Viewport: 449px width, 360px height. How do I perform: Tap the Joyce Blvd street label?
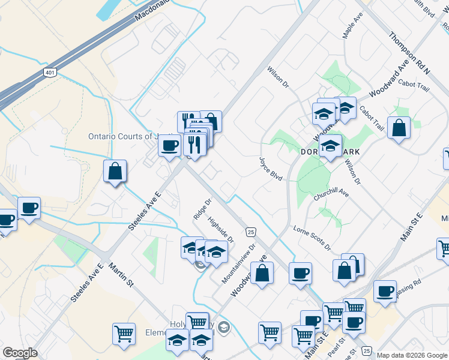pyautogui.click(x=270, y=169)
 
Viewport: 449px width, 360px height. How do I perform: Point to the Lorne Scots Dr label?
pyautogui.click(x=312, y=238)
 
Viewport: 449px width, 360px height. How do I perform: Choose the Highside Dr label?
pyautogui.click(x=220, y=229)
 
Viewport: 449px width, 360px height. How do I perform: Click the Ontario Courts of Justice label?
pyautogui.click(x=130, y=136)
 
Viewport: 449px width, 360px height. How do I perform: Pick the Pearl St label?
pyautogui.click(x=334, y=346)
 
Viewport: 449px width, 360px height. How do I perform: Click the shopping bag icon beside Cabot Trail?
pyautogui.click(x=399, y=128)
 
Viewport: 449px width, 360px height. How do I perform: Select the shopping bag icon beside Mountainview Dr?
pyautogui.click(x=262, y=274)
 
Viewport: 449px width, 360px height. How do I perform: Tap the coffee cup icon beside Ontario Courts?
pyautogui.click(x=170, y=145)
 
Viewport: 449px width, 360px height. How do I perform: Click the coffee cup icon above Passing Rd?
pyautogui.click(x=385, y=291)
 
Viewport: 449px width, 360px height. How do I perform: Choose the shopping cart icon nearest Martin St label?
pyautogui.click(x=124, y=333)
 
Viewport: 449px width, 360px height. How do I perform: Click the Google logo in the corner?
pyautogui.click(x=20, y=353)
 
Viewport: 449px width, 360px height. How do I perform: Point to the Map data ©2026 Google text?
pyautogui.click(x=412, y=355)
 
